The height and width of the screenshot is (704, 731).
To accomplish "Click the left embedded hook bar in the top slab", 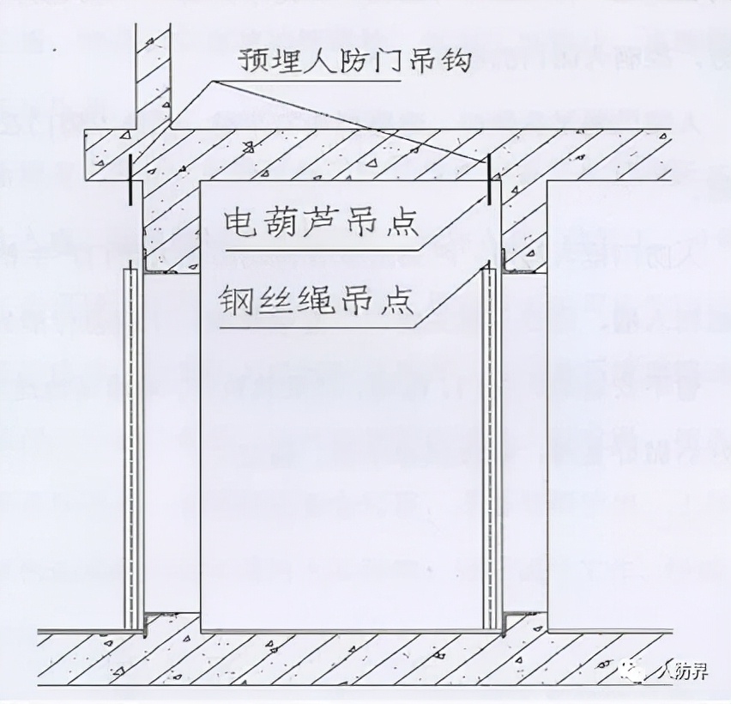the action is click(130, 179).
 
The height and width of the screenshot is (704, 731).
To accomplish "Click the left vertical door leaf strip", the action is click(131, 446).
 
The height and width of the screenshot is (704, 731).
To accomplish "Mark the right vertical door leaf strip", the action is click(490, 446).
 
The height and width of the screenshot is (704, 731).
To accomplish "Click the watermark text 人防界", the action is click(681, 671).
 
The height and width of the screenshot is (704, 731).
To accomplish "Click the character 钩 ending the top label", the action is click(456, 63).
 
